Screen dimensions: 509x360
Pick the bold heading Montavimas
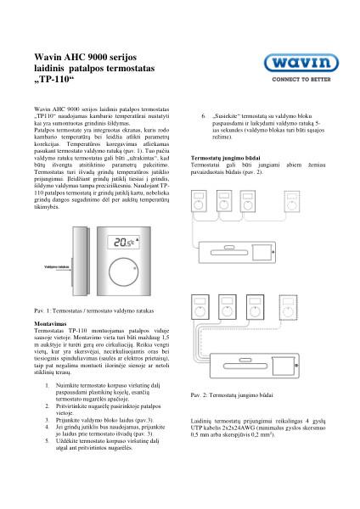[51, 323]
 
